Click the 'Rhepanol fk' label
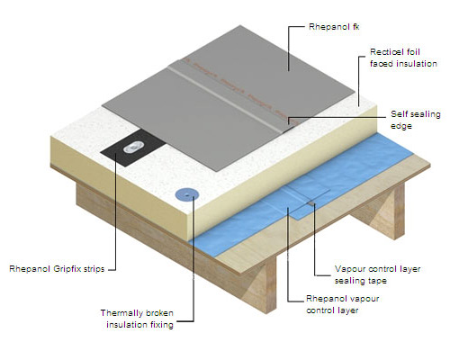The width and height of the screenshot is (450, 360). [334, 27]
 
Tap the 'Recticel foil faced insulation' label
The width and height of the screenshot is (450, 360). [403, 58]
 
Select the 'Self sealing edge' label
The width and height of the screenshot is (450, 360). [416, 120]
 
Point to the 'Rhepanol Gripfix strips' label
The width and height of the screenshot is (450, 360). [57, 269]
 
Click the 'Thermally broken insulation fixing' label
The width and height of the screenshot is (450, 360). [137, 319]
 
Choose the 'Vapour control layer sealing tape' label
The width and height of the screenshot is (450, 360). [377, 274]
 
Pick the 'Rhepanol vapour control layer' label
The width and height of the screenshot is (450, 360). [342, 304]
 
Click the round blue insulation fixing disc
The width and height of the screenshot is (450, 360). [187, 194]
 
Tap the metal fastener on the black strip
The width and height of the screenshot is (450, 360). [132, 148]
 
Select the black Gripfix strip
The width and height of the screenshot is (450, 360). [133, 148]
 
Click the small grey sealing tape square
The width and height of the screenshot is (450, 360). [311, 203]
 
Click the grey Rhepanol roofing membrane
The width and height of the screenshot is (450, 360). [228, 99]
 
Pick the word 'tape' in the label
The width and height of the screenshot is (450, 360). [377, 281]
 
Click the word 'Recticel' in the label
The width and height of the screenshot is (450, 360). [386, 52]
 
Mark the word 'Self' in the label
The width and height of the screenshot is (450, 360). [398, 114]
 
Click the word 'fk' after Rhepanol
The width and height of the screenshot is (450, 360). [355, 27]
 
